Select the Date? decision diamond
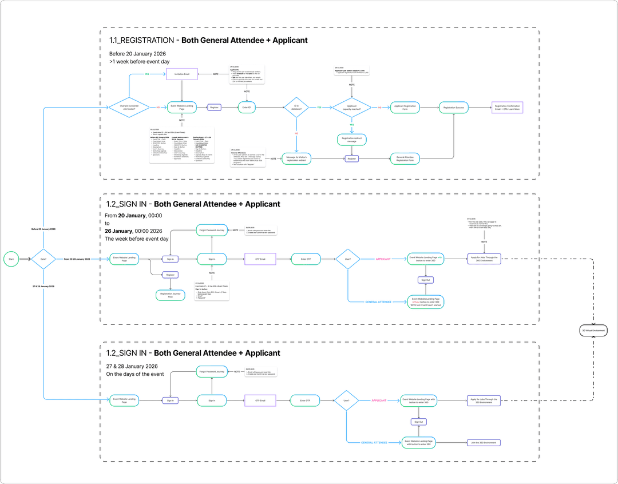(43, 259)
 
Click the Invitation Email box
(181, 74)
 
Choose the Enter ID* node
(247, 107)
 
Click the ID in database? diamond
(296, 107)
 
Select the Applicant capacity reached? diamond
(352, 107)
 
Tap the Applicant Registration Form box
(405, 107)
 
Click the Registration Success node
(454, 107)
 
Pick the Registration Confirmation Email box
(507, 107)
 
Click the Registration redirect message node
(352, 140)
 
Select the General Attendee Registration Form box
(405, 158)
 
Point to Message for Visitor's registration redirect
(296, 158)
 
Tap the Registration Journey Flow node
(170, 295)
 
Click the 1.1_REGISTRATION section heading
(208, 41)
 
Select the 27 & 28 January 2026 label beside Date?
(43, 286)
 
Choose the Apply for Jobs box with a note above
(484, 259)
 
